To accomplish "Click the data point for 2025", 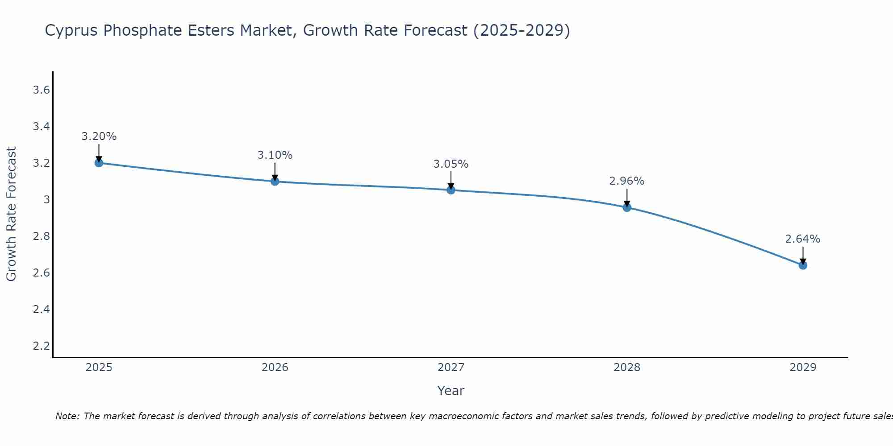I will coord(99,163).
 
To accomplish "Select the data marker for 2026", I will coord(275,181).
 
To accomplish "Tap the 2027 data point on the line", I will coord(451,190).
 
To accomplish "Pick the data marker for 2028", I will coord(626,207).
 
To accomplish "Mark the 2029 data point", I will coord(802,265).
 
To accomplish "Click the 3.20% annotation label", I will coord(99,136).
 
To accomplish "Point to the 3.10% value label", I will coord(275,155).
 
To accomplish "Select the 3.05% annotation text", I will coord(451,164).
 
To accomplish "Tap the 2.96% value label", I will coord(626,181).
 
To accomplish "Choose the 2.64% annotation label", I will coord(802,239).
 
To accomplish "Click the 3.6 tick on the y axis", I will coord(41,90).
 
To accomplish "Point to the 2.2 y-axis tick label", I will coord(41,346).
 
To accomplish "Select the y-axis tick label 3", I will coord(46,199).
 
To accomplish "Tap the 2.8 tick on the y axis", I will coord(41,236).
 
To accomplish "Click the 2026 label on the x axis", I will coord(275,368).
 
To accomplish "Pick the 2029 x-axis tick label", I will coord(802,368).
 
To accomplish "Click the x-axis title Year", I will coord(451,391).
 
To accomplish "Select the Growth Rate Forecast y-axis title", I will coord(11,214).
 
